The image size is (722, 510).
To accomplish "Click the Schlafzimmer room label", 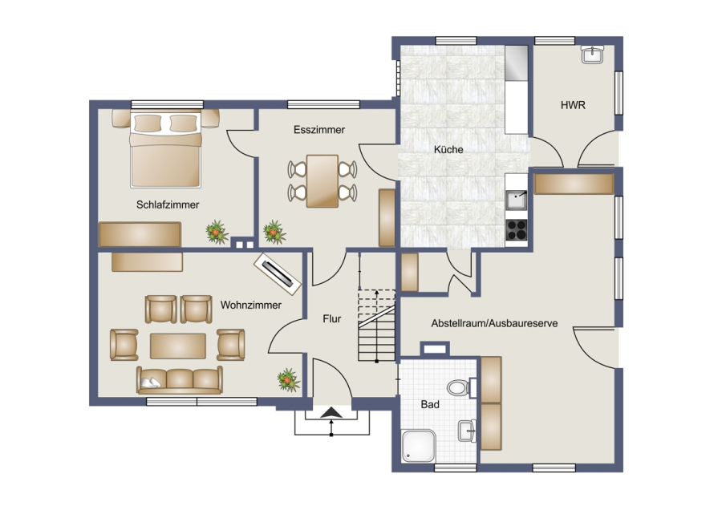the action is point(168,204).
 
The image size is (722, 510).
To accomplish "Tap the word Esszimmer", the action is point(319,130).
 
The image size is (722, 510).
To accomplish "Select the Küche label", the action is point(448,150).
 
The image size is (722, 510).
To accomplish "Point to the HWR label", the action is point(573,105).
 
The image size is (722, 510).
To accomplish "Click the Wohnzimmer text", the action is point(251,305).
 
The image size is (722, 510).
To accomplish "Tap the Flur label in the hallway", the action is point(332,318).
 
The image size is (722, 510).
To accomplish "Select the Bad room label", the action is point(430,405).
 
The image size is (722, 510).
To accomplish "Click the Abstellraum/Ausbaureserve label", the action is point(494,323).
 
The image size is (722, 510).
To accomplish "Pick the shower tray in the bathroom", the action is point(419,446).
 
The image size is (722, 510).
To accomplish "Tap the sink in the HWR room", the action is point(592,55).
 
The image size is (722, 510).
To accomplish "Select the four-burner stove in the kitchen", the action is point(517,230).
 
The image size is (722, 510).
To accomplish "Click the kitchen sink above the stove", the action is point(517,200).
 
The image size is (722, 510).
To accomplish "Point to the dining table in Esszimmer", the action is point(322,181).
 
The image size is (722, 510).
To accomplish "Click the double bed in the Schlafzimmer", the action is point(166,149).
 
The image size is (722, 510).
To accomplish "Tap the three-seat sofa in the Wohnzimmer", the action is point(180,380).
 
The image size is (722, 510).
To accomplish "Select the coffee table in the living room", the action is point(178,346).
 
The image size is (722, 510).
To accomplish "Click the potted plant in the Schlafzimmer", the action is point(217,232).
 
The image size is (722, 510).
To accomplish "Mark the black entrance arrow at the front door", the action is point(331,413).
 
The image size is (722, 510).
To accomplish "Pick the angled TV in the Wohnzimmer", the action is point(278,274).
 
